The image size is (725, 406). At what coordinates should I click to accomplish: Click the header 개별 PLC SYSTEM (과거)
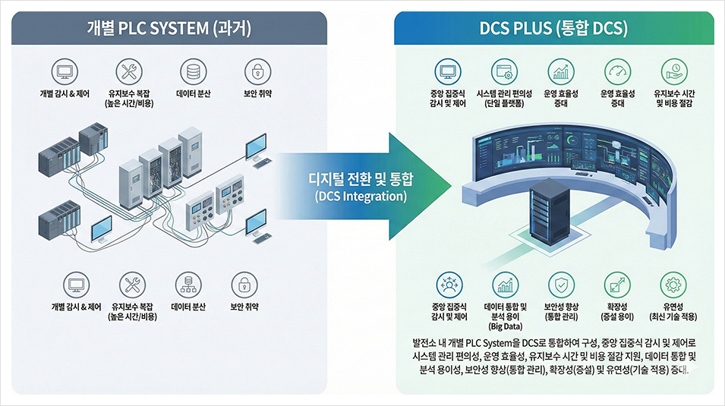coord(169,29)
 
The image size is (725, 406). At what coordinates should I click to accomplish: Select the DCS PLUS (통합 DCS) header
coord(554,29)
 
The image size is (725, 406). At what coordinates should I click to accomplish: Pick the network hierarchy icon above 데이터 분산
coord(188,285)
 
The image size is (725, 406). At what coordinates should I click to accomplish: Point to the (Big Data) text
coord(505,327)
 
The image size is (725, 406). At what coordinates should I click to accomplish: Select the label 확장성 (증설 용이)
coord(616,312)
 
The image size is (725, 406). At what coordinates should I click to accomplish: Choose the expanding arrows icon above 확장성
coord(616,285)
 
